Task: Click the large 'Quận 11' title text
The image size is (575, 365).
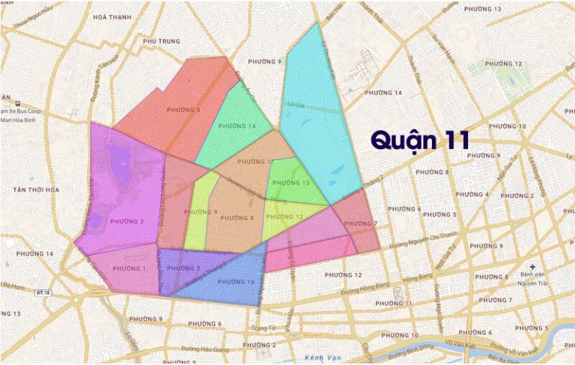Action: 421,139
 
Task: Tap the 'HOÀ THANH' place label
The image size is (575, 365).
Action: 112,16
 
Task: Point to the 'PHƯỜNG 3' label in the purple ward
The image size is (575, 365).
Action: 127,221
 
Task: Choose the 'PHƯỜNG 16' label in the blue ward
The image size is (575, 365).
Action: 236,281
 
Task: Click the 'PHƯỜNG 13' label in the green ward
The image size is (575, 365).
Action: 291,183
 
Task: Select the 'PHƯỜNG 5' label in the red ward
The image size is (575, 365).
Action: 183,110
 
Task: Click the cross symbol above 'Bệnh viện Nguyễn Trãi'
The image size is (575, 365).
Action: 532,267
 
